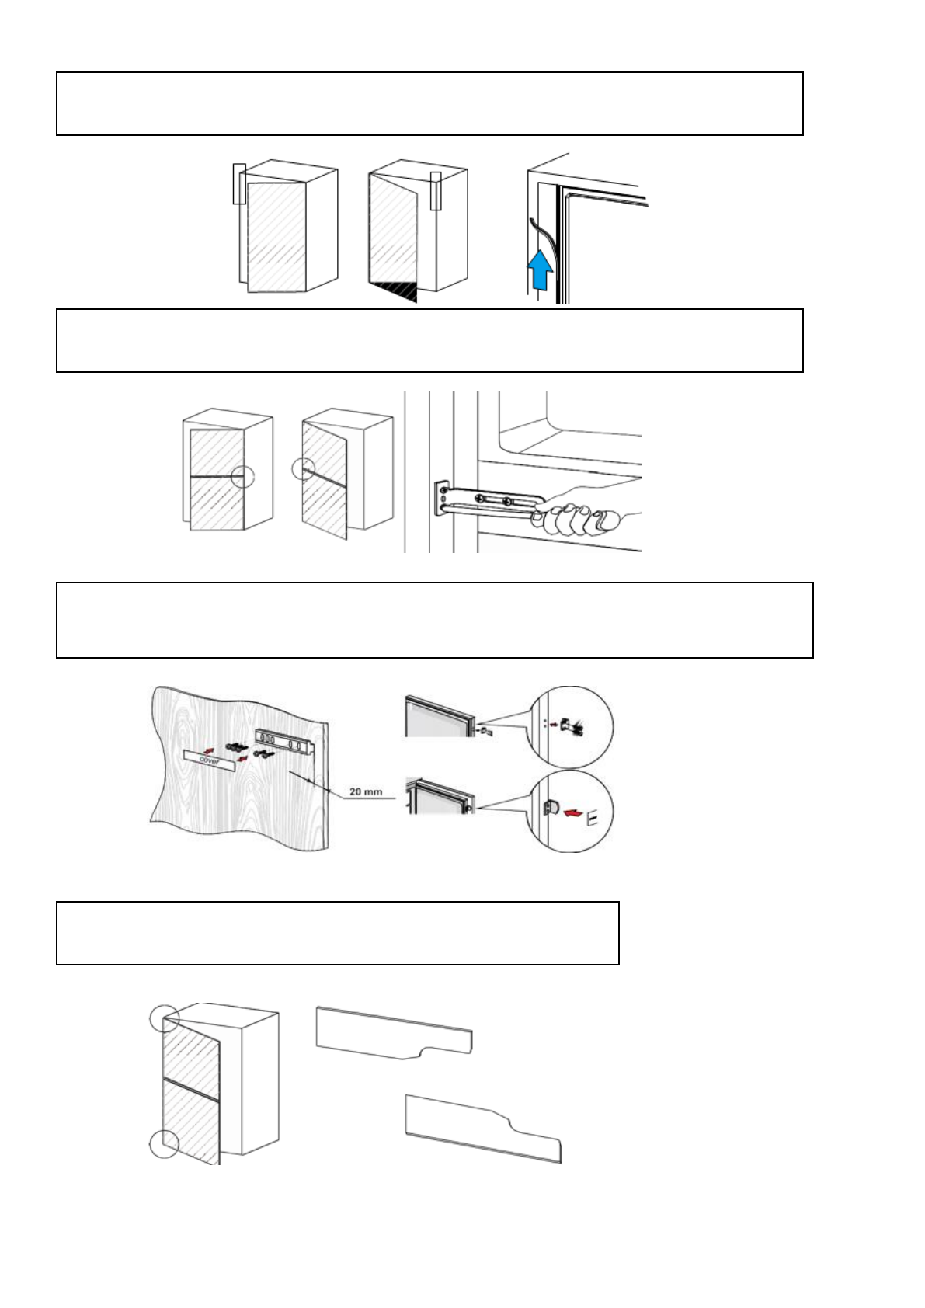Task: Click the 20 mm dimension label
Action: (x=365, y=791)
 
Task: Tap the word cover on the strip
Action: (x=209, y=760)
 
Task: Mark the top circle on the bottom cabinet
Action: (x=165, y=1018)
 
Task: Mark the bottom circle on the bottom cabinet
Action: (x=164, y=1143)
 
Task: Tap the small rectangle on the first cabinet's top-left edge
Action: (x=239, y=183)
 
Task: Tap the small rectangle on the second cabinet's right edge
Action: (x=436, y=190)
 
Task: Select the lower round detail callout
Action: (x=571, y=812)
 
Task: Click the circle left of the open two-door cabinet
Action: (x=304, y=469)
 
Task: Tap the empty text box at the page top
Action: (x=429, y=104)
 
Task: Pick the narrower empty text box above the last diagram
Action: (x=338, y=933)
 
